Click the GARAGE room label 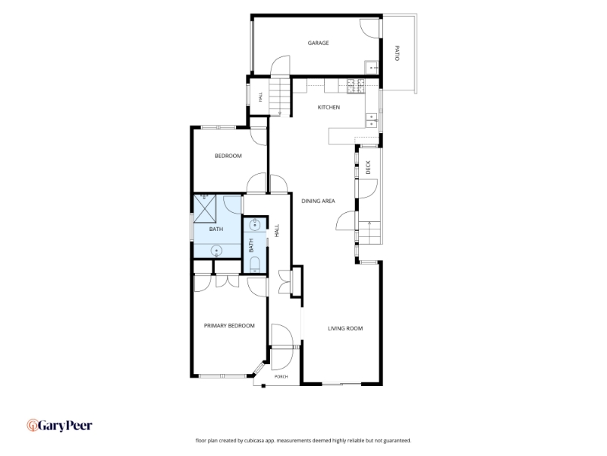point(318,43)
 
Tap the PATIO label point(397,53)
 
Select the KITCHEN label point(329,107)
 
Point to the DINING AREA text point(318,201)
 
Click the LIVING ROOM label point(345,328)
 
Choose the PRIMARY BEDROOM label point(229,326)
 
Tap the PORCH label point(281,377)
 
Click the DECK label point(368,167)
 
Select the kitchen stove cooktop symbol point(356,86)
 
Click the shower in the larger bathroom point(205,208)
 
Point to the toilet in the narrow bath point(255,265)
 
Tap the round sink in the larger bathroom point(216,252)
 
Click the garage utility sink point(371,68)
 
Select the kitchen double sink point(372,120)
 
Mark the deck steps point(370,233)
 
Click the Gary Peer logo point(59,426)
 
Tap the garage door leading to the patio point(370,28)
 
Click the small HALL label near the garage point(260,97)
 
